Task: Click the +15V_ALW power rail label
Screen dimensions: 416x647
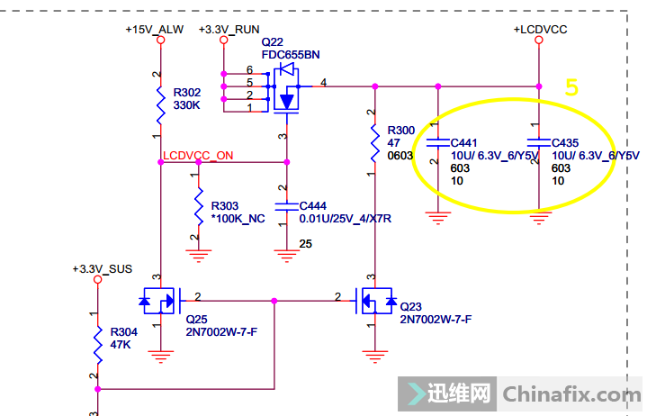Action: [155, 29]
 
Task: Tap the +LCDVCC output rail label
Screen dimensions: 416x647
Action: [540, 29]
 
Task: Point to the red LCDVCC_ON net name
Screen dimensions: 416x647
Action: [198, 155]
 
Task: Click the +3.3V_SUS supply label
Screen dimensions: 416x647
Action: [101, 268]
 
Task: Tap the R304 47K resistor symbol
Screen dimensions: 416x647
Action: [97, 343]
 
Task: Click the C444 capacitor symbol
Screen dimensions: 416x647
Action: [286, 206]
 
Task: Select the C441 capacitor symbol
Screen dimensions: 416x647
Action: [437, 143]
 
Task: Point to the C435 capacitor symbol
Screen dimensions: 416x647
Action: [538, 143]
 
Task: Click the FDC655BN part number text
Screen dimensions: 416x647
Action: [291, 54]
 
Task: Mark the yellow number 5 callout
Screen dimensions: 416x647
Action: [571, 87]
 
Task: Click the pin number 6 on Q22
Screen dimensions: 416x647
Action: [249, 70]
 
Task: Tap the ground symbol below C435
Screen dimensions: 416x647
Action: [538, 216]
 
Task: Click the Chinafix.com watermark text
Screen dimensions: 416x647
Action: [571, 394]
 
